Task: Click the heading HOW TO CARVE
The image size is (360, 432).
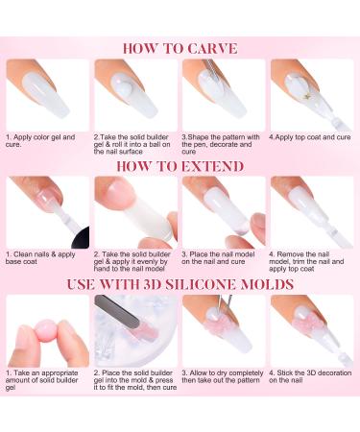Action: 180,48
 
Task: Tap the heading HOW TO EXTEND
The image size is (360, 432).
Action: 180,164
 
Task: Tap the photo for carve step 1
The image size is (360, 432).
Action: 47,94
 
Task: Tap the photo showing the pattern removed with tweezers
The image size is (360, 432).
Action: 221,329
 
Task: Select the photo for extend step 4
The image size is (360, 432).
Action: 309,211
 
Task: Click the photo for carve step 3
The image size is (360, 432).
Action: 221,94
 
